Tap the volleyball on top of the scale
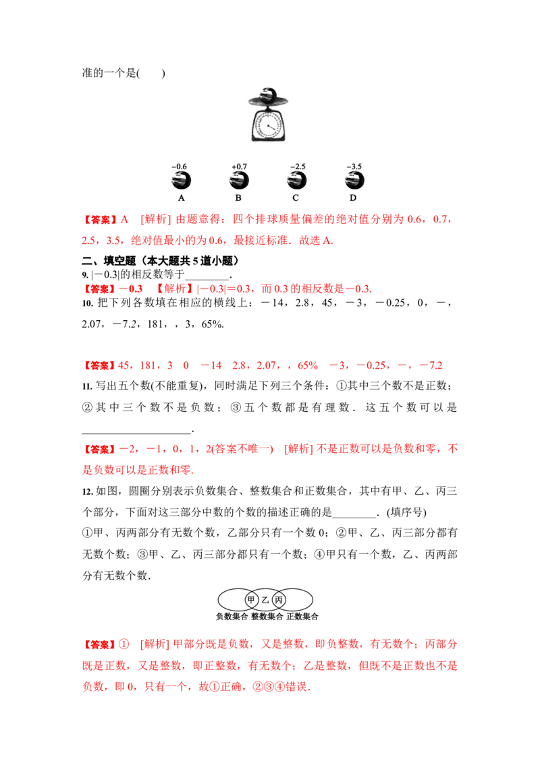[268, 94]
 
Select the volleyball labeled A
[181, 181]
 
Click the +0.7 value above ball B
[239, 166]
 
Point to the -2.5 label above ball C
[297, 166]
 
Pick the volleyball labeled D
[354, 181]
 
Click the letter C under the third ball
[296, 198]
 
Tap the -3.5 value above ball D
[354, 166]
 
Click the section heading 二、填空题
[109, 261]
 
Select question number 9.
[85, 275]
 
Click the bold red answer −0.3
[131, 289]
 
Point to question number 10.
[87, 303]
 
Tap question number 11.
[87, 386]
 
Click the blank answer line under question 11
[136, 432]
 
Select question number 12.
[87, 491]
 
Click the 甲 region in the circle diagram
[251, 599]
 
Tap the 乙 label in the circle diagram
[265, 600]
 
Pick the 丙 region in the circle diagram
[279, 599]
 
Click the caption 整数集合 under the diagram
[267, 617]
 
